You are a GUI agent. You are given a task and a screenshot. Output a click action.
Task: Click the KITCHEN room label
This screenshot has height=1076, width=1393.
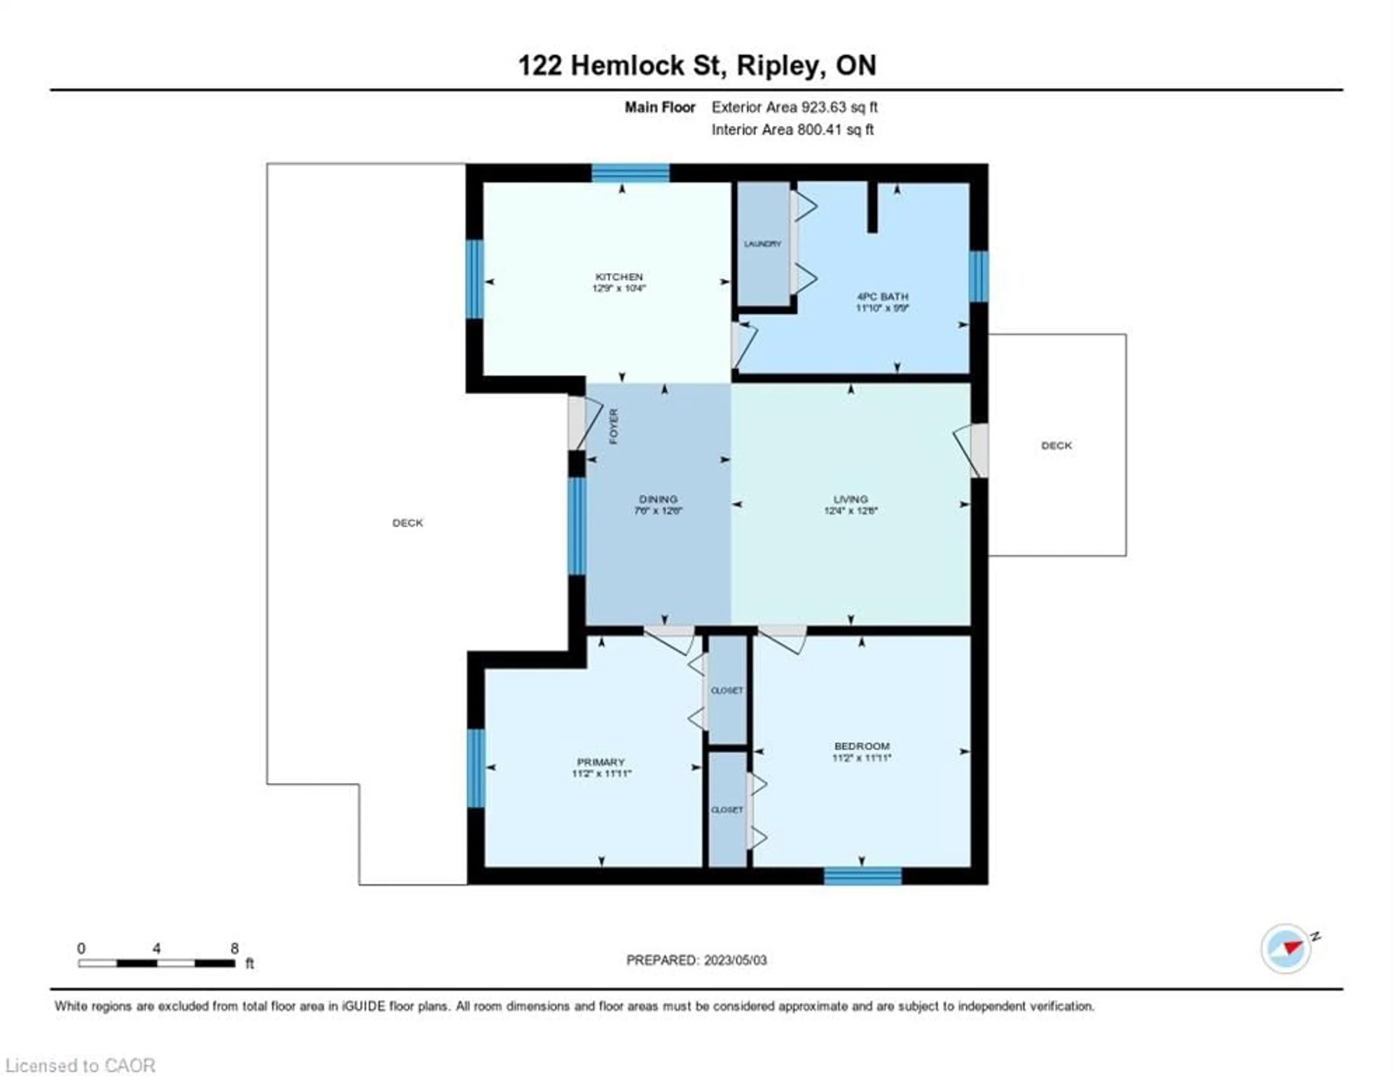(x=619, y=277)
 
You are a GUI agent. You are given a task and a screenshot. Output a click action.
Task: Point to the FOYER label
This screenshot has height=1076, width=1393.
(x=613, y=426)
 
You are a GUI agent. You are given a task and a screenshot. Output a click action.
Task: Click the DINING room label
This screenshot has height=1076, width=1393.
(x=658, y=499)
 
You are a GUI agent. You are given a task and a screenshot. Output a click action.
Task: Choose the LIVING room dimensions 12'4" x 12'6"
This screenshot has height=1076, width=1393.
(x=850, y=510)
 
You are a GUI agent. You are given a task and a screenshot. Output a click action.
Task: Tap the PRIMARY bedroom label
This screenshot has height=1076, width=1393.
(x=600, y=762)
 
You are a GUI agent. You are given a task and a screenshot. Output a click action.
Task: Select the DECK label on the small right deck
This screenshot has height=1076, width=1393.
(x=1056, y=445)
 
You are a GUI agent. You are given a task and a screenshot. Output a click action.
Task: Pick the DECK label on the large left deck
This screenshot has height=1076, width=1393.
(x=408, y=522)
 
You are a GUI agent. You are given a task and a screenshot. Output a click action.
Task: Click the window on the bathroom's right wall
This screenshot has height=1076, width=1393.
(x=978, y=276)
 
